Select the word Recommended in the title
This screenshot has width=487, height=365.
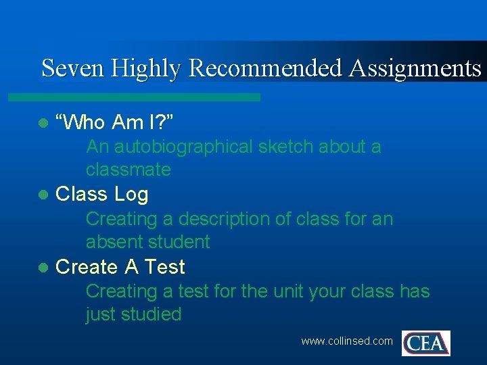coord(266,69)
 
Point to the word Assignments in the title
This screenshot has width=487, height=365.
coord(416,69)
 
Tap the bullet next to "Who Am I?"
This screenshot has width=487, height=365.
coord(43,123)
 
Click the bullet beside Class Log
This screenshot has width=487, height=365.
coord(43,195)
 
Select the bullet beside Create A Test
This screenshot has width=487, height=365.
coord(43,268)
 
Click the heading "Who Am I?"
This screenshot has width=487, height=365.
coord(115,122)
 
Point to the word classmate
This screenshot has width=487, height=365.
coord(128,170)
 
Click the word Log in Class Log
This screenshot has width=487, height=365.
coord(131,195)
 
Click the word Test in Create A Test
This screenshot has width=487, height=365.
coord(164,267)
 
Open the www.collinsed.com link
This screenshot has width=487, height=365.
coord(346,341)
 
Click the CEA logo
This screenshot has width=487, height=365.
coord(425,343)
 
